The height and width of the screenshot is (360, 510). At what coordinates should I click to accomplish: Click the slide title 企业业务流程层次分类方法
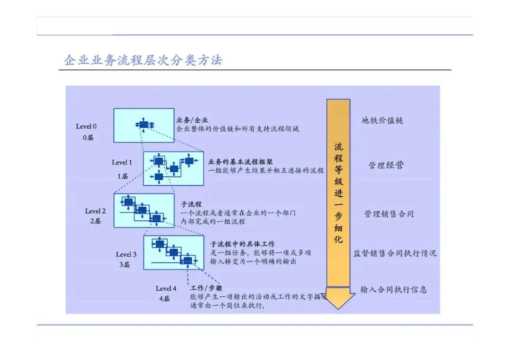[x=143, y=60]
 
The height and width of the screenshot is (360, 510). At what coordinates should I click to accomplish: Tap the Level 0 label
[x=86, y=126]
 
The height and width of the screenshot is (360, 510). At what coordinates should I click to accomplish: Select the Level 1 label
[x=122, y=163]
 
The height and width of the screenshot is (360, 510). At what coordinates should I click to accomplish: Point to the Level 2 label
[x=95, y=211]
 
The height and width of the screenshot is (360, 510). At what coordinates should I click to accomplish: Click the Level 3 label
[x=126, y=255]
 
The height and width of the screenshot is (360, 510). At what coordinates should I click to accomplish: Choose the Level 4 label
[x=166, y=288]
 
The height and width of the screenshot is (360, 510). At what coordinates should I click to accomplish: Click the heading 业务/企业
[x=192, y=120]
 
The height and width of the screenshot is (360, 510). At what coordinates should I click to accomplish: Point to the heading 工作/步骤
[x=206, y=288]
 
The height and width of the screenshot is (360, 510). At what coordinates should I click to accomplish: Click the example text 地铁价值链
[x=382, y=120]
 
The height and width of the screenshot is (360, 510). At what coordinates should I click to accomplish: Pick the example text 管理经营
[x=386, y=166]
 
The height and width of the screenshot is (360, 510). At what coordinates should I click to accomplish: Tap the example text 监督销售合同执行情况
[x=395, y=253]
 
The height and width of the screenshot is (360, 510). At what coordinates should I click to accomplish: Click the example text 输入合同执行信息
[x=393, y=289]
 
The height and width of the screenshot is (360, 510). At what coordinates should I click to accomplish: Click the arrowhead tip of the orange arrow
[x=339, y=308]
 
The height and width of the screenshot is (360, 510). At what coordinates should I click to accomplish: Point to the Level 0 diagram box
[x=144, y=125]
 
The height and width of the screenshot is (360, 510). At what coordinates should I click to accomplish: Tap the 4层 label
[x=164, y=299]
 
